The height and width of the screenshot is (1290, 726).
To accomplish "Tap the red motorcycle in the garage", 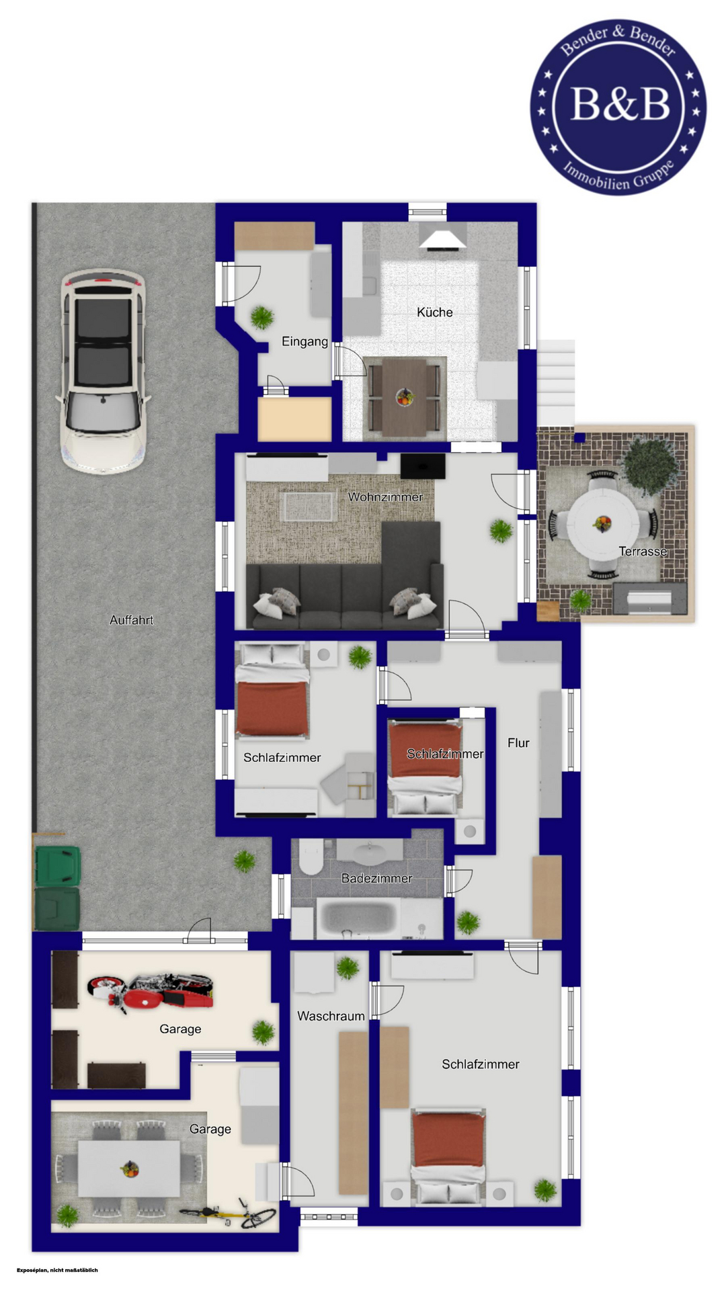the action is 151,992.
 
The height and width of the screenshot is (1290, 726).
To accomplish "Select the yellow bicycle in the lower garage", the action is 228,1213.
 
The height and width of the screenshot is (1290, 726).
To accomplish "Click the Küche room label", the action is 435,312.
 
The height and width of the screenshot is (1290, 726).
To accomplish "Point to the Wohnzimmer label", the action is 385,497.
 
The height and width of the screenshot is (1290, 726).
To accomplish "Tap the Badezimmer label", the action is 376,878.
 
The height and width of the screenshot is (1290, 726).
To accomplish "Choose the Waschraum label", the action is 331,1016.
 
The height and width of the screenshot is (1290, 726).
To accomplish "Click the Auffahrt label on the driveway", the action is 132,620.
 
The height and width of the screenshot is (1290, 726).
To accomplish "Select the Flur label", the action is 518,742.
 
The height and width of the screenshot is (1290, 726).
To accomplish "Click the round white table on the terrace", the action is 603,523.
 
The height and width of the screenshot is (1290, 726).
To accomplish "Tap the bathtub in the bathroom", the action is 356,919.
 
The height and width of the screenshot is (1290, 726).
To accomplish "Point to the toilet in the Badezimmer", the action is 311,856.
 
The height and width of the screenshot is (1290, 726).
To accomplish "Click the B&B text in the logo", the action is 620,104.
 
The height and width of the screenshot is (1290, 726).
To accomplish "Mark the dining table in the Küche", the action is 403,396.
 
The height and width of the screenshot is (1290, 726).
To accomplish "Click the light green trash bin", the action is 58,865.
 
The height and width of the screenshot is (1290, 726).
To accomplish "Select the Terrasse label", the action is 643,552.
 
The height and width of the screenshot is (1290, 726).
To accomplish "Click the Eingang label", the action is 305,341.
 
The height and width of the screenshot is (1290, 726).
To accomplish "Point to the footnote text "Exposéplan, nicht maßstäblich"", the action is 57,1270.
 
